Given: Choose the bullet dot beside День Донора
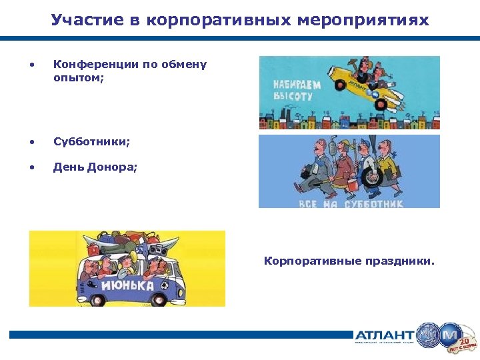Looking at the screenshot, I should (32, 167).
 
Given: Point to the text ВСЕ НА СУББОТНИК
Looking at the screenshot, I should (351, 203).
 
